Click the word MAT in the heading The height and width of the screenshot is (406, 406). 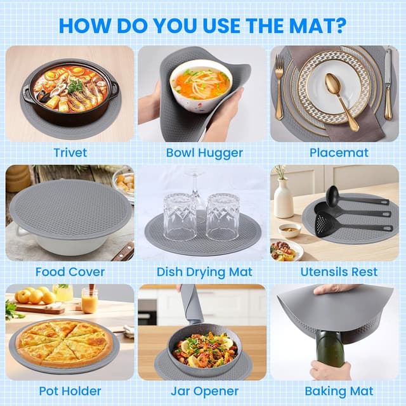[x=310, y=25]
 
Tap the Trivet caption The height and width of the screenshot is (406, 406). [x=70, y=152]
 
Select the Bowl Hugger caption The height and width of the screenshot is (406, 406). [x=204, y=153]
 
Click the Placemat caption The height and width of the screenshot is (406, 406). [x=339, y=152]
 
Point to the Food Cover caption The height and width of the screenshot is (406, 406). [x=70, y=272]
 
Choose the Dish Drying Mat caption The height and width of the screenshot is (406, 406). [x=204, y=272]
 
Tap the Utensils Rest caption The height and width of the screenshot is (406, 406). [x=339, y=272]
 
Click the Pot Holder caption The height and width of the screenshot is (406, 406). [x=70, y=391]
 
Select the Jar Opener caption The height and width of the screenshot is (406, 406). [x=204, y=391]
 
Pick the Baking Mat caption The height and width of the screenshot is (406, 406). [x=339, y=391]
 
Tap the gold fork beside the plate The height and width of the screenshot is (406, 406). [x=278, y=88]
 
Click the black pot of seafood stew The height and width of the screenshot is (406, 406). [x=70, y=91]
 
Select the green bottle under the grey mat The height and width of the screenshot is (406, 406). [x=330, y=348]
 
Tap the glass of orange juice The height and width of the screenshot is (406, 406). [x=89, y=299]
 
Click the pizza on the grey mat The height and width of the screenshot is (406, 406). [x=64, y=343]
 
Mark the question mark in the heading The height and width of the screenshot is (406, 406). [x=339, y=25]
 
